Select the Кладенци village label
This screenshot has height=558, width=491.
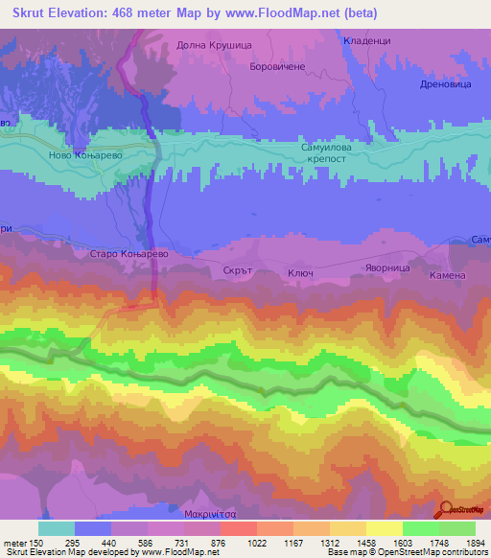369,41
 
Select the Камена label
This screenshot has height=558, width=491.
447,275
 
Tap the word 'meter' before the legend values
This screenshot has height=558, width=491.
15,542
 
